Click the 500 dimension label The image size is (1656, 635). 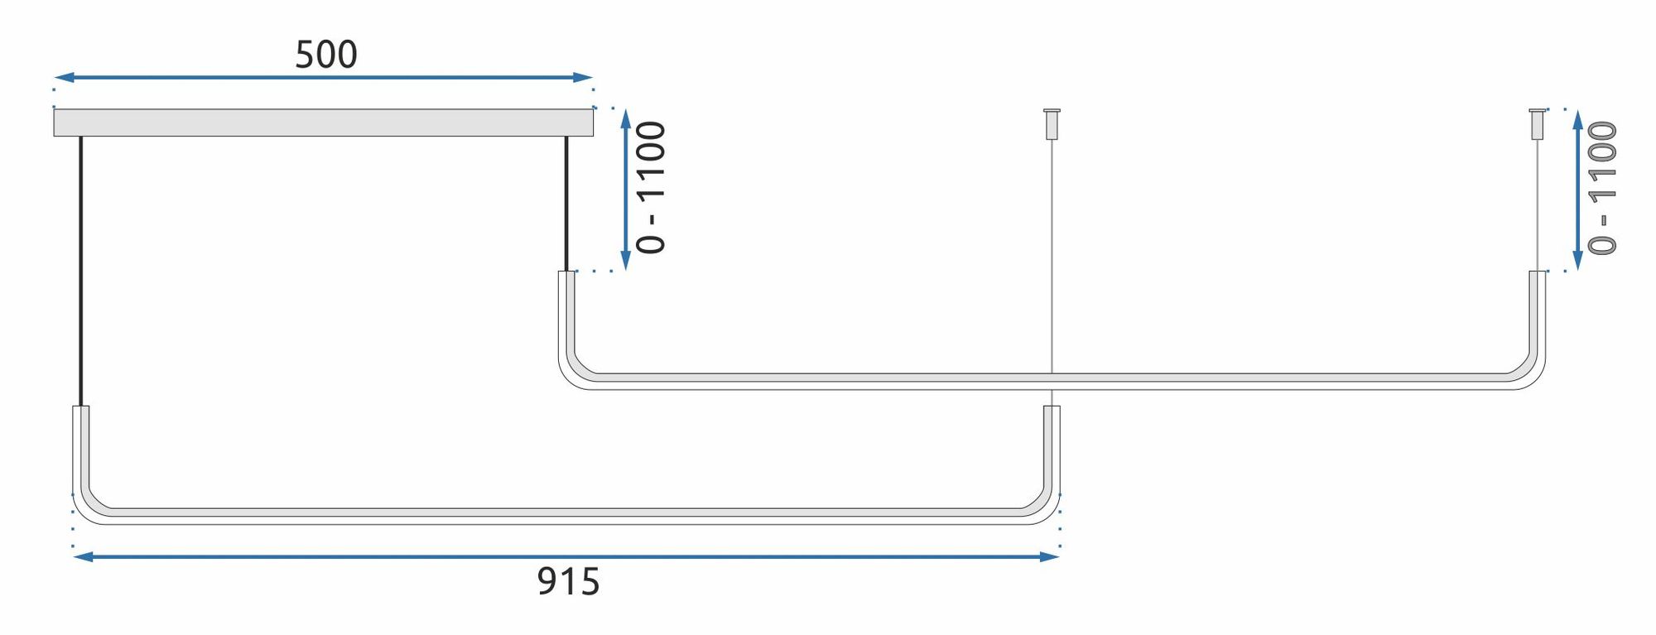click(326, 55)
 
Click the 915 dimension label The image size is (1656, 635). click(568, 582)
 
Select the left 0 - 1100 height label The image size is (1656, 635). click(652, 188)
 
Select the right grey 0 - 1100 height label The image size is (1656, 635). click(1603, 189)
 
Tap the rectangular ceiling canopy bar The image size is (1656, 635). click(323, 123)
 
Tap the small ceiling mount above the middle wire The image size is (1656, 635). click(1052, 123)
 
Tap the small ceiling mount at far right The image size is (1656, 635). click(1538, 123)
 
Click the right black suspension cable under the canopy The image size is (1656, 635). click(566, 203)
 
